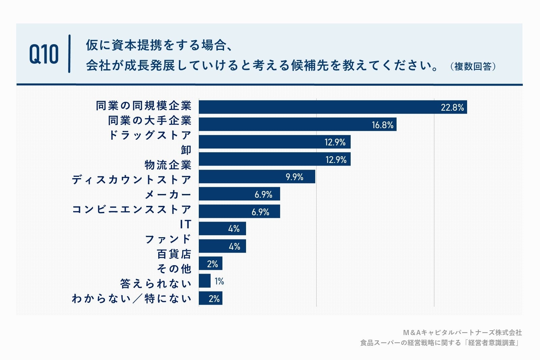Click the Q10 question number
tap(44, 54)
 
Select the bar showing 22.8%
tap(332, 107)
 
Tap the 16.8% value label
tap(382, 125)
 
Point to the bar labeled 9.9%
tap(256, 177)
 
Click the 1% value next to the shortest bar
tap(219, 281)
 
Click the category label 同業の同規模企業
tap(143, 106)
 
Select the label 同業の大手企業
tap(150, 120)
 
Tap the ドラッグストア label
tap(150, 135)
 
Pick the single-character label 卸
tap(186, 150)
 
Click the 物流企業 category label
tap(168, 165)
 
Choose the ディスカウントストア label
tap(131, 180)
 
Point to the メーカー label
tap(168, 195)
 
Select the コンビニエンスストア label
tap(131, 210)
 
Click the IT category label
tap(185, 224)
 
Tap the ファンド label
tap(168, 239)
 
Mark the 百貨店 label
tap(174, 254)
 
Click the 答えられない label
tap(156, 284)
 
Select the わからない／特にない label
tap(131, 299)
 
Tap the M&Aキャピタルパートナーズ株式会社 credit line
tap(462, 333)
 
